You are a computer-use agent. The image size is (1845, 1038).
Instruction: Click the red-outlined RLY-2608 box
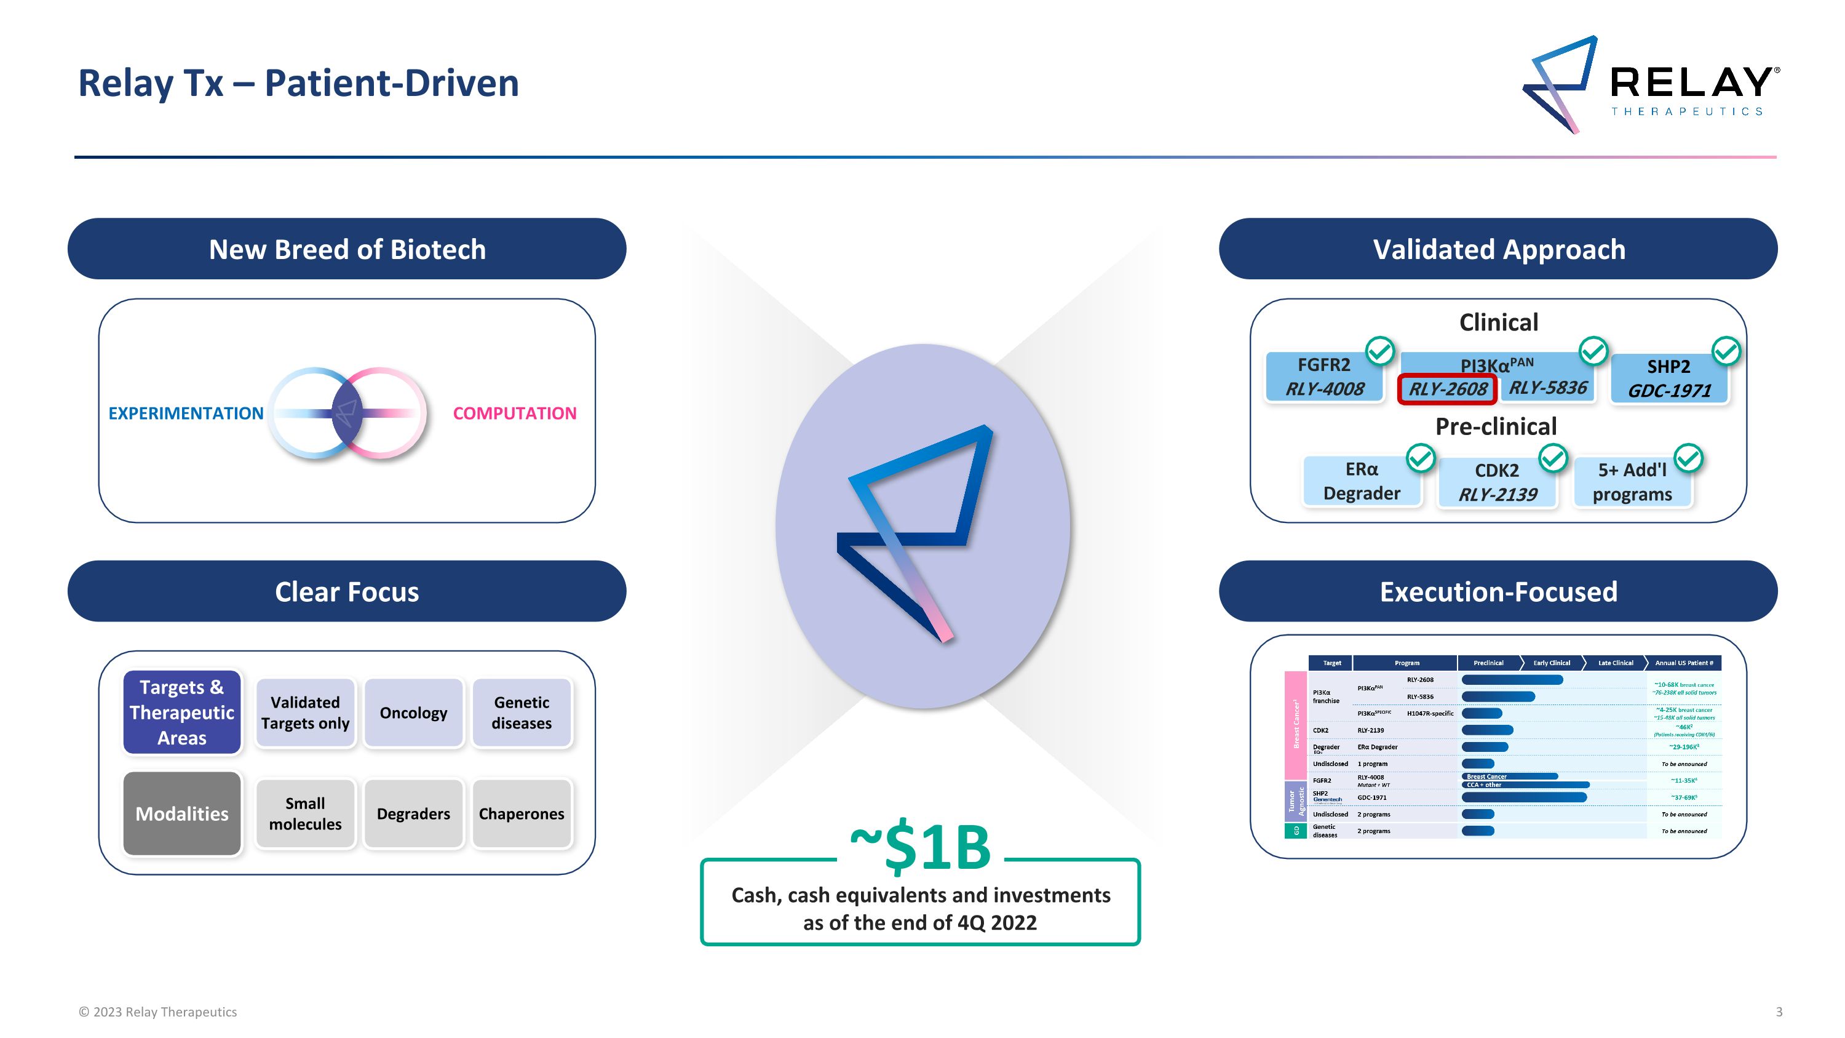tap(1446, 389)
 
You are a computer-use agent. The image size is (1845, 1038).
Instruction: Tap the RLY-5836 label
tap(1548, 388)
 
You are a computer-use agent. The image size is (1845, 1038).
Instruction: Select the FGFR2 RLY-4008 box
tap(1323, 377)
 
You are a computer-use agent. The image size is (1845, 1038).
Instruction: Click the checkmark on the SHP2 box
tap(1726, 351)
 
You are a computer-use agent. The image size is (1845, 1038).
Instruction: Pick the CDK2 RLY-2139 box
tap(1497, 482)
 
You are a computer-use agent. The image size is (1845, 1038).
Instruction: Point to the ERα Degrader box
tap(1361, 481)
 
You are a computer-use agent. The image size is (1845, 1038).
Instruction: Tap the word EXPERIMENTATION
tap(186, 413)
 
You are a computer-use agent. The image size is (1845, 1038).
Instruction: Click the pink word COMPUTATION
tap(514, 413)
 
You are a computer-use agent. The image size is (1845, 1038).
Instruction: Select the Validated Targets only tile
tap(305, 713)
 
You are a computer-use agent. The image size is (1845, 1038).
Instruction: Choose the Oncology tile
tap(413, 713)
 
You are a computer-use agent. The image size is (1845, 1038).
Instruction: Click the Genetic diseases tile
tap(522, 713)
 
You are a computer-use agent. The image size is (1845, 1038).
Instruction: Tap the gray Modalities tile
tap(182, 814)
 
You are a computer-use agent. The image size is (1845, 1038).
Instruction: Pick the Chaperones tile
tap(522, 814)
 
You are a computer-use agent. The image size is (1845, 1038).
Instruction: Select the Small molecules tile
tap(305, 814)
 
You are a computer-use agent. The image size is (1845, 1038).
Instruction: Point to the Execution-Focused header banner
tap(1498, 592)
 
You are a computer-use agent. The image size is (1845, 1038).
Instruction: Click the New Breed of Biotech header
tap(347, 249)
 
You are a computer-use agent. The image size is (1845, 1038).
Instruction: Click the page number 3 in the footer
tap(1779, 1012)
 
